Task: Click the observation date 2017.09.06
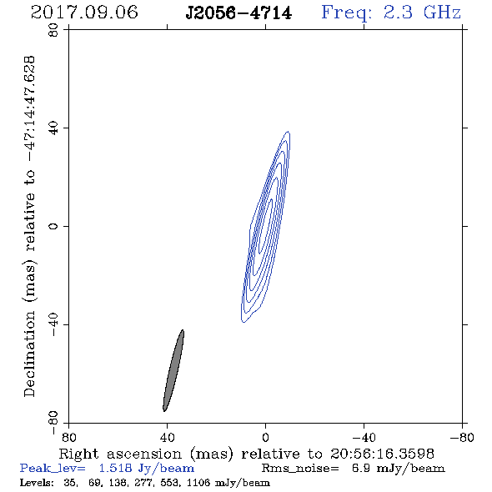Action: (84, 13)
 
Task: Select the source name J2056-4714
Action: (238, 13)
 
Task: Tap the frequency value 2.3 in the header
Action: (398, 13)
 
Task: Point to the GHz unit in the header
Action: (442, 13)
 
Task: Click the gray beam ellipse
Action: (173, 370)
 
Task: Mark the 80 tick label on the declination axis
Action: (53, 30)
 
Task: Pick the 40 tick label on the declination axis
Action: (53, 128)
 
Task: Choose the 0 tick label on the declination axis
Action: (53, 226)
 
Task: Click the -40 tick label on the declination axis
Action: (53, 324)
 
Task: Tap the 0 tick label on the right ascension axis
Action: (265, 438)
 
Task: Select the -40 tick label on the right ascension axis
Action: (364, 438)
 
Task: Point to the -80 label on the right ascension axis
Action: (462, 438)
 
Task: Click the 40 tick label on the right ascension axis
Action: (167, 438)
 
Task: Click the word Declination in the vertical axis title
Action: (29, 354)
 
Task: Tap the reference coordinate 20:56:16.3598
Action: (382, 454)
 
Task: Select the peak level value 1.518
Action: (115, 468)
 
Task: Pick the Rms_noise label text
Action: (300, 469)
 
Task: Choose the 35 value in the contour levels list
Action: (70, 482)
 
